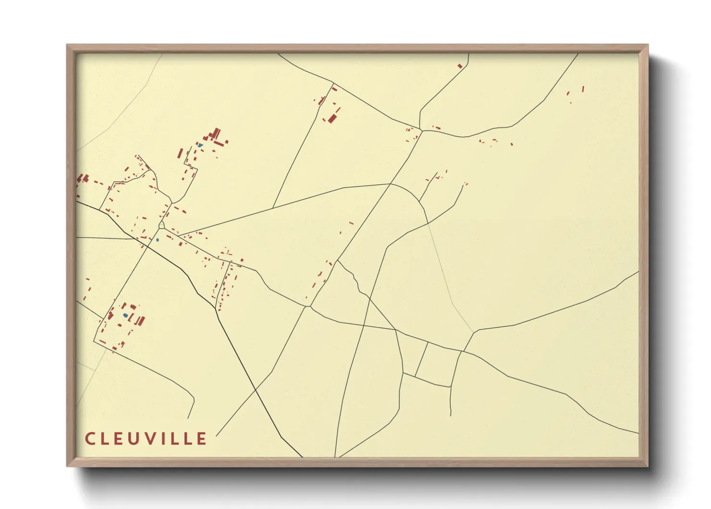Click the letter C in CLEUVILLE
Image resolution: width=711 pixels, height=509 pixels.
[x=90, y=438]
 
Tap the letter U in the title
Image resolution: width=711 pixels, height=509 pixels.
[x=137, y=438]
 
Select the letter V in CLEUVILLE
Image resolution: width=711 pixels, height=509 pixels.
[x=154, y=438]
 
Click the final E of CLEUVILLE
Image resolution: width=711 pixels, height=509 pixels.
[x=202, y=438]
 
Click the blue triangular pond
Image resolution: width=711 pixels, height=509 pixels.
[x=200, y=145]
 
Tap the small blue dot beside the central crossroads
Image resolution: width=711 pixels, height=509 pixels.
[x=157, y=240]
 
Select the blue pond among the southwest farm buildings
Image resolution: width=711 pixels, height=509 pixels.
[x=125, y=316]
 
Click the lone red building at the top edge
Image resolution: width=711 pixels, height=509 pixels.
[x=460, y=66]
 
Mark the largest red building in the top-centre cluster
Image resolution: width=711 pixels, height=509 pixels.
[x=331, y=117]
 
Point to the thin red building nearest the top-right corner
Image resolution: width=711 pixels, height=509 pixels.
[x=583, y=89]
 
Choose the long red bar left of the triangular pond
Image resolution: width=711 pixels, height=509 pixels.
[x=180, y=153]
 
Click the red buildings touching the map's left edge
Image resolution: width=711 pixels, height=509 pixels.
[x=82, y=178]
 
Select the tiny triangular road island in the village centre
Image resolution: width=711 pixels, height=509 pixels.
[x=162, y=225]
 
